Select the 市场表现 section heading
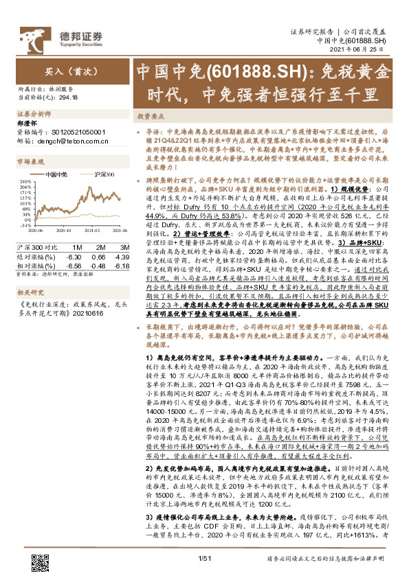pos(29,162)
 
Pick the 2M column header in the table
pos(100,246)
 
